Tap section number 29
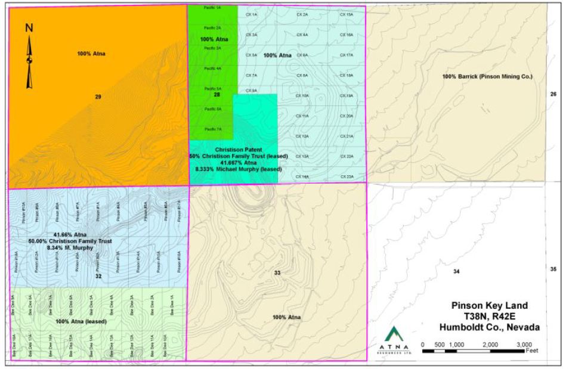click(x=98, y=96)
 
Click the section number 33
click(x=277, y=272)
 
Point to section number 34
click(x=456, y=272)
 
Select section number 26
click(x=553, y=94)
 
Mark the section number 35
click(x=553, y=269)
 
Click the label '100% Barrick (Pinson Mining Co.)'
click(x=479, y=77)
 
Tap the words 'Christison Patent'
click(x=239, y=149)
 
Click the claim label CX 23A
click(x=346, y=176)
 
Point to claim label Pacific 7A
click(x=212, y=129)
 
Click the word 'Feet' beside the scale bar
click(x=532, y=351)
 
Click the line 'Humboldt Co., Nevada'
click(x=490, y=327)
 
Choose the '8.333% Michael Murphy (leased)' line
click(x=239, y=169)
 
